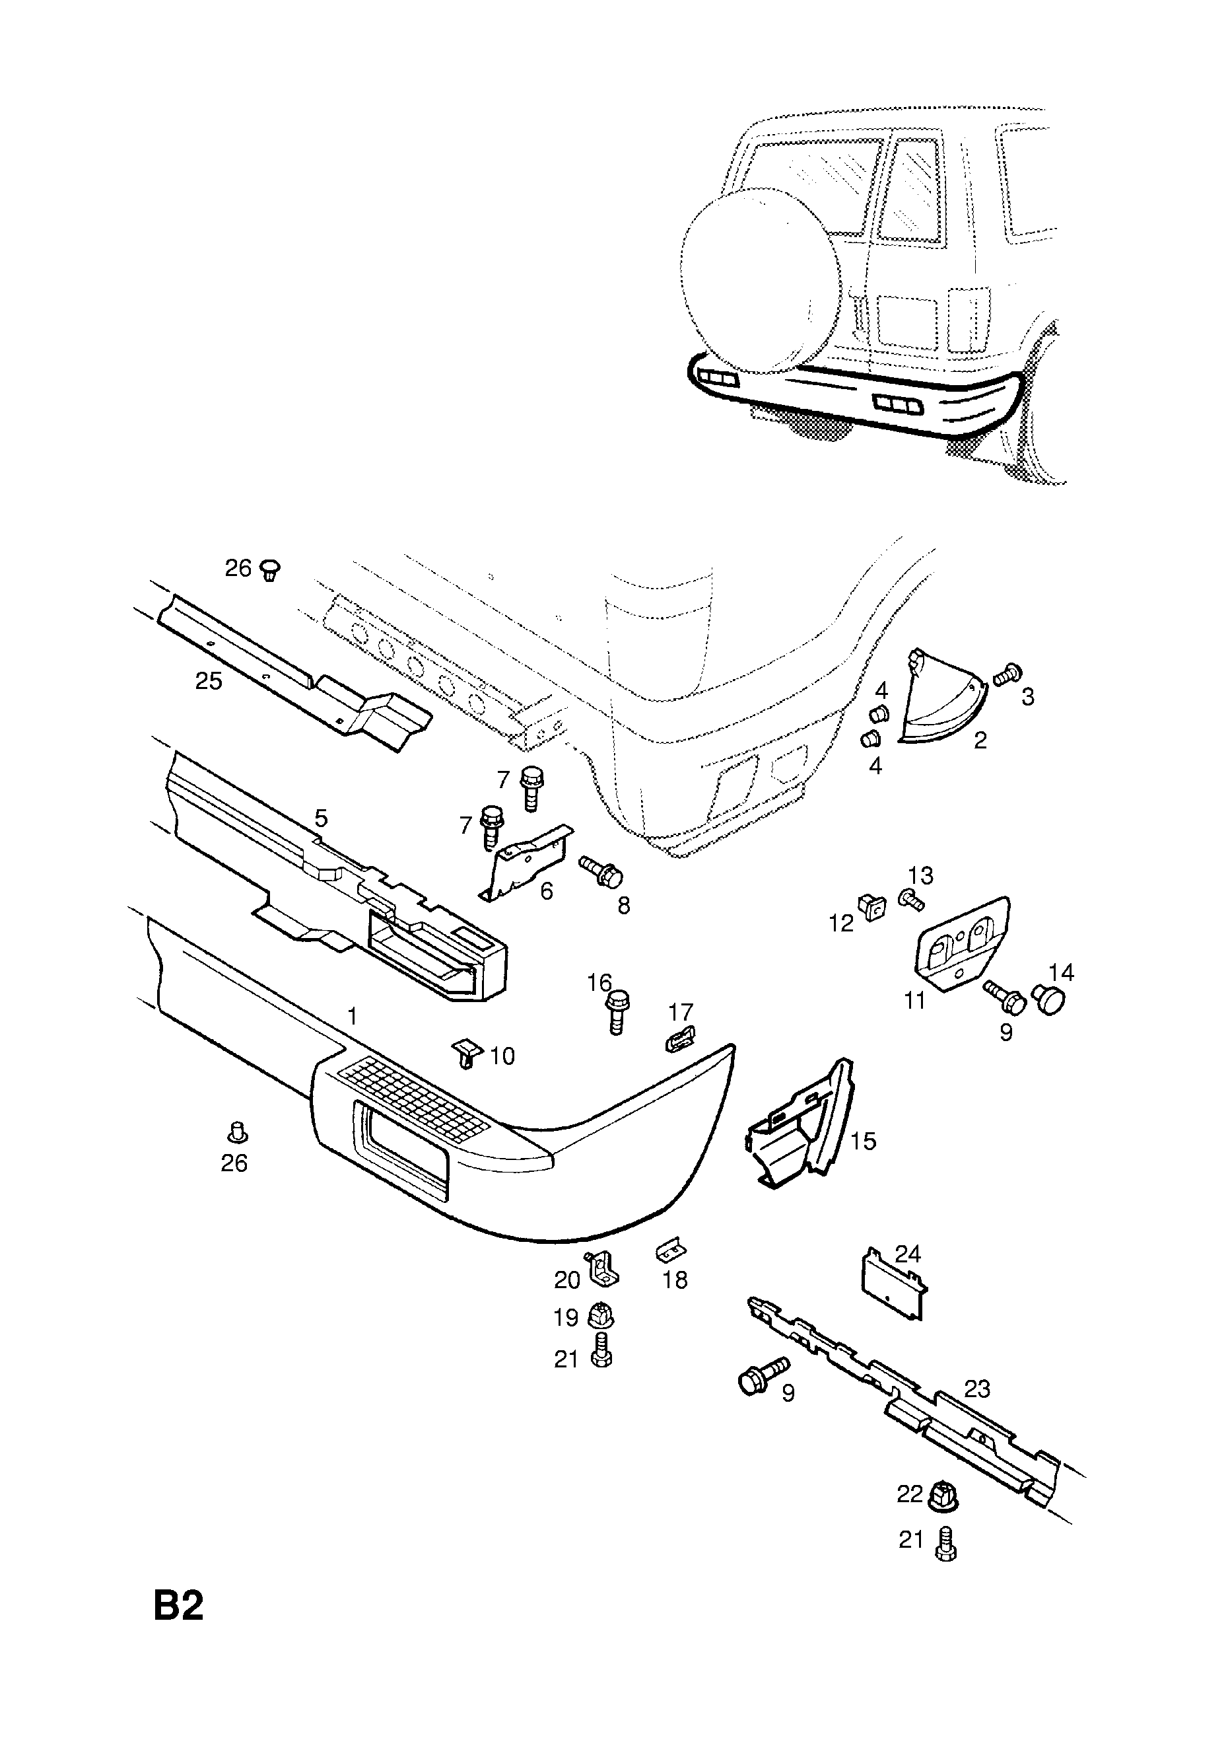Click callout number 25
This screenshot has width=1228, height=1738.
coord(209,680)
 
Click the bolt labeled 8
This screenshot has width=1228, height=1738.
coord(601,872)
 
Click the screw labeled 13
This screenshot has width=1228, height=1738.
coord(910,899)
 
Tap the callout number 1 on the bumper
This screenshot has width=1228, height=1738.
coord(352,1017)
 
